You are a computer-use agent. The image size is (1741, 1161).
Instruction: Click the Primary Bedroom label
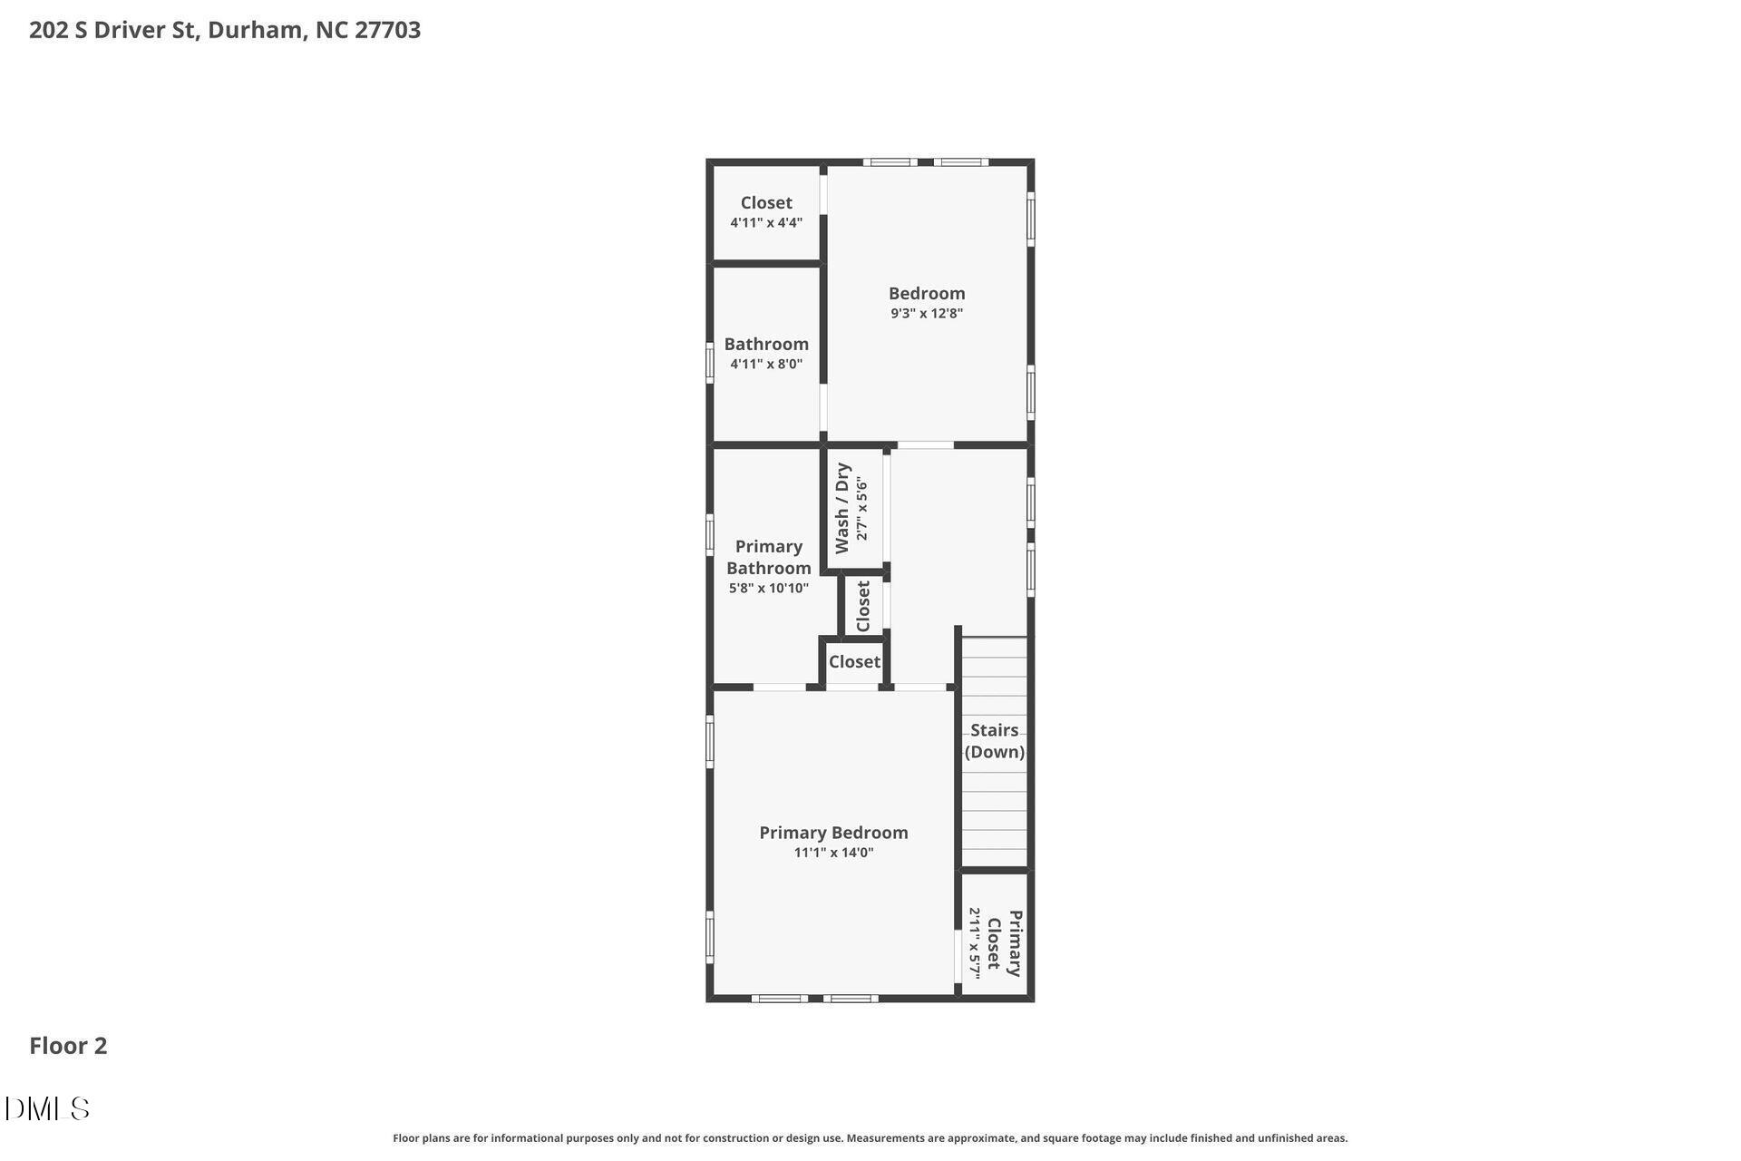tap(833, 833)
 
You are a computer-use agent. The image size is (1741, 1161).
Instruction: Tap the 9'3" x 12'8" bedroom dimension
tap(926, 314)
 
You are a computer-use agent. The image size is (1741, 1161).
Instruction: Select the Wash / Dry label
tap(842, 508)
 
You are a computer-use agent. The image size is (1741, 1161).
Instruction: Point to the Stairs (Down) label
tap(995, 741)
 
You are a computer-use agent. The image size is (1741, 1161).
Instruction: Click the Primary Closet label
tap(1005, 943)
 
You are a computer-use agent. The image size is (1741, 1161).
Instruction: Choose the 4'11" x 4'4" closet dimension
tap(766, 223)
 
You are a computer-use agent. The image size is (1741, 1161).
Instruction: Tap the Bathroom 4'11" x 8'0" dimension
tap(766, 365)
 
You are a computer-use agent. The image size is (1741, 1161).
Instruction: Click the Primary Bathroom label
tap(769, 557)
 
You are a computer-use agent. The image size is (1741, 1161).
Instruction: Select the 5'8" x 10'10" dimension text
tap(769, 589)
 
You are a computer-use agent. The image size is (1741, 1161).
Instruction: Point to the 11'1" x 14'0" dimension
tap(833, 853)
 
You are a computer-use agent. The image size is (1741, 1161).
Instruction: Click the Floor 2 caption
tap(68, 1046)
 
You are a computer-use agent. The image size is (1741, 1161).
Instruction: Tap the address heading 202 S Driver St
tap(225, 30)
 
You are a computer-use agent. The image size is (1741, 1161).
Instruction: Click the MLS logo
tap(47, 1108)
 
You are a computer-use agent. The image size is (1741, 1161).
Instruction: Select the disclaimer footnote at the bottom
tap(870, 1138)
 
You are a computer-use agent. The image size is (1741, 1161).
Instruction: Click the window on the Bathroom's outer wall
tap(710, 362)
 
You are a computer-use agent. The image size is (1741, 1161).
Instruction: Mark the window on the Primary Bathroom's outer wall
tap(710, 534)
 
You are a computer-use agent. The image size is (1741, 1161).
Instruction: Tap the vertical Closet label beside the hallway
tap(863, 606)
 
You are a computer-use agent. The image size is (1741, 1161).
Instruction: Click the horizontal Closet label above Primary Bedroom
tap(854, 662)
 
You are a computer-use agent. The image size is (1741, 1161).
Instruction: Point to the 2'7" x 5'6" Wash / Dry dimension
tap(862, 510)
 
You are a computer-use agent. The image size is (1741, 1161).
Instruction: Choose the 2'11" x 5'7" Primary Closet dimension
tap(975, 943)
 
